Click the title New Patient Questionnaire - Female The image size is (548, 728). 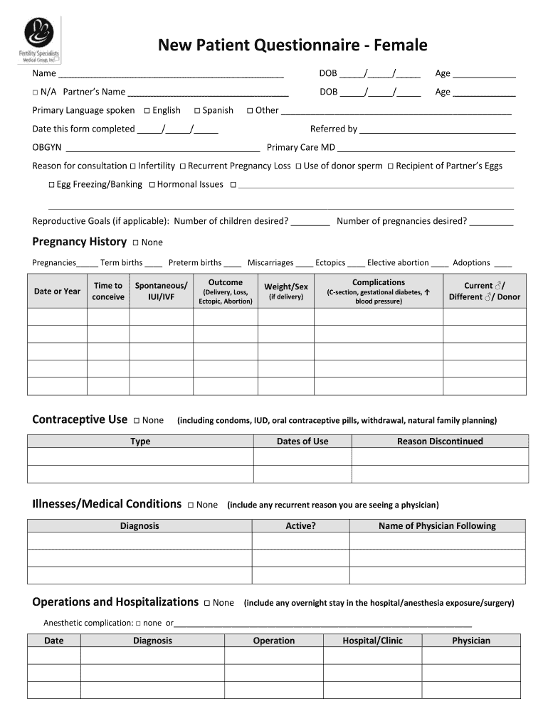293,45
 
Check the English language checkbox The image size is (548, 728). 147,111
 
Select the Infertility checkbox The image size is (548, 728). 133,166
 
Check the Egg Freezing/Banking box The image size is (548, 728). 52,185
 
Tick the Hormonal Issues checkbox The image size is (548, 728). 151,185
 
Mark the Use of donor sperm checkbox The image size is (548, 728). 299,166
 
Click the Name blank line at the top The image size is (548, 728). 171,75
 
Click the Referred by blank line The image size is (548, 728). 437,130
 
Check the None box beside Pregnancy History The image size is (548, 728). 136,243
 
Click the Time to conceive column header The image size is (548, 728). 108,291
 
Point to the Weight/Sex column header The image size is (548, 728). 286,291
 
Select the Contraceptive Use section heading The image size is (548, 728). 80,419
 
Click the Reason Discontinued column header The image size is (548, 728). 439,441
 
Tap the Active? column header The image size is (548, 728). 300,526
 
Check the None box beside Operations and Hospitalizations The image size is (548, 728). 207,604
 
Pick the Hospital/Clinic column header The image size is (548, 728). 372,641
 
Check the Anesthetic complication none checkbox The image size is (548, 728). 138,623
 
